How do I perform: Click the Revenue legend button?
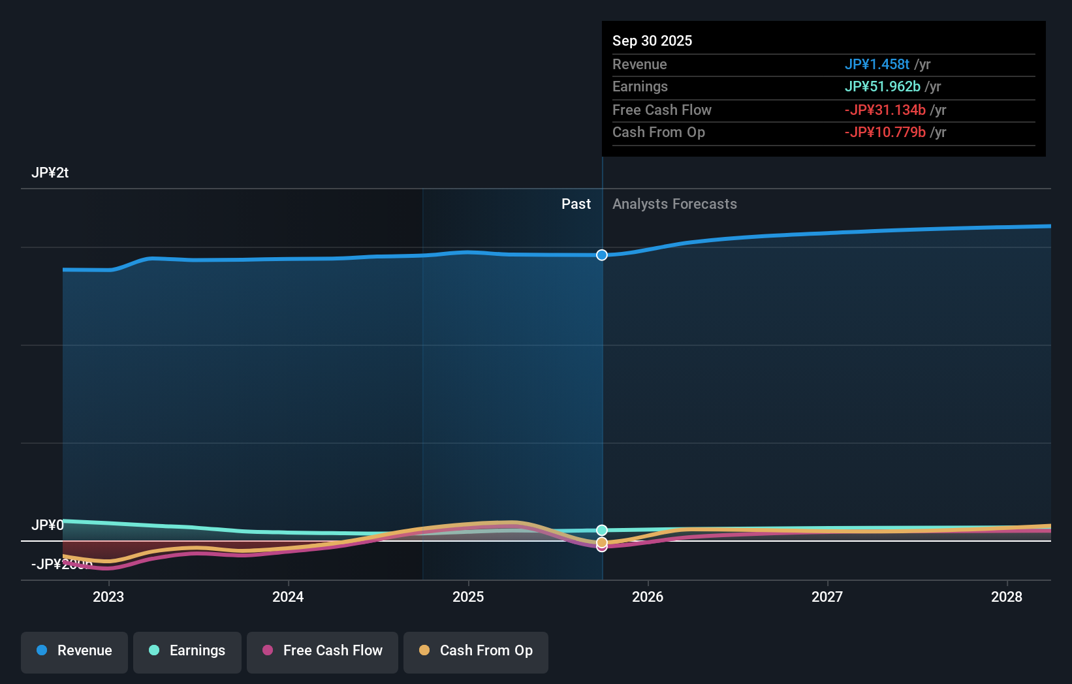(x=74, y=651)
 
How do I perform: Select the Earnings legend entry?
(x=187, y=651)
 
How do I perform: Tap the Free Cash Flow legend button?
(x=322, y=651)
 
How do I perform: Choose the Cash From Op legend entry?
(x=475, y=651)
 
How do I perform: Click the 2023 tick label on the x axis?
(x=108, y=597)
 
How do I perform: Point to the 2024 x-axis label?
(x=288, y=597)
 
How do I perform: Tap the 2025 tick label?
(x=468, y=597)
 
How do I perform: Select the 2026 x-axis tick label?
(x=648, y=597)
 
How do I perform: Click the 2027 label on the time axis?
(x=827, y=597)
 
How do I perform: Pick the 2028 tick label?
(x=1007, y=597)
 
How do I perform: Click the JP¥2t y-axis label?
(x=50, y=173)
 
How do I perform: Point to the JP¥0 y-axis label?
(x=47, y=525)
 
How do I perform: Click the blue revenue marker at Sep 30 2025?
(x=602, y=255)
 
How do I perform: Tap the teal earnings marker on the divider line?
(x=602, y=530)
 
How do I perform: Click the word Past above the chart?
(x=576, y=204)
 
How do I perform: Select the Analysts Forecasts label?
(x=674, y=204)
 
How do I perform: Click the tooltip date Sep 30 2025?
(x=652, y=40)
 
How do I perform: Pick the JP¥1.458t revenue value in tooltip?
(x=877, y=65)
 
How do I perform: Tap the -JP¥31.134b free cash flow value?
(x=885, y=110)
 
